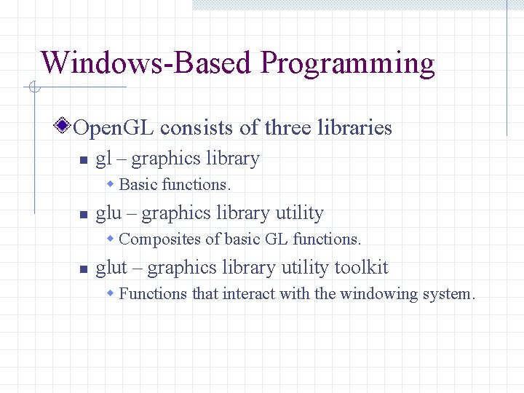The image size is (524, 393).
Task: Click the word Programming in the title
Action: coord(347,64)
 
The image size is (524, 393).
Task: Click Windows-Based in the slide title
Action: coord(146,63)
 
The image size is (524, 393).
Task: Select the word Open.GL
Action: coord(114,128)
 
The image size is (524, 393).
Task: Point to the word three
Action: coord(288,128)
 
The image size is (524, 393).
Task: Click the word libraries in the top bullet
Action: coord(355,128)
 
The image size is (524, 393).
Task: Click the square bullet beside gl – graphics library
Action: coord(83,160)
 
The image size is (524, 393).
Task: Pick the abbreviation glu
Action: coord(109,214)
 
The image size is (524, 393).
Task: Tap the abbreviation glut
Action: coord(111,268)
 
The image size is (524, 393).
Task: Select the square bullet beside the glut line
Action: coord(83,269)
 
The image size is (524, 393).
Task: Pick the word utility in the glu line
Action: coord(299,214)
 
